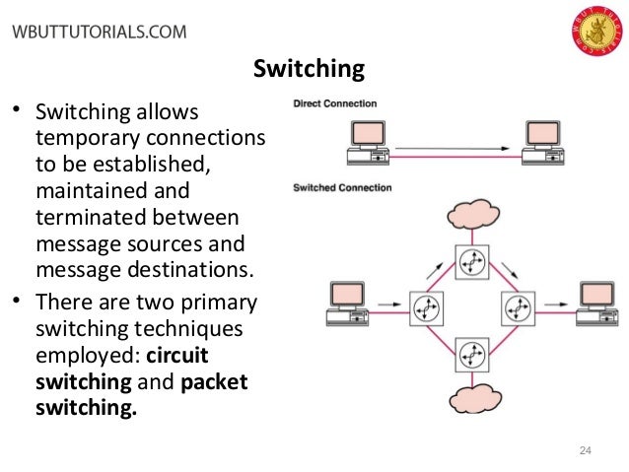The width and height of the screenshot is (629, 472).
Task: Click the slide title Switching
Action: tap(309, 69)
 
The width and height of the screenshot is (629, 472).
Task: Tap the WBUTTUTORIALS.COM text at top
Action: tap(98, 31)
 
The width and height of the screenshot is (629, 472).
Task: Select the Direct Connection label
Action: tap(334, 103)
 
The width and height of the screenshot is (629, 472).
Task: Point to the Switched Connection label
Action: tap(341, 188)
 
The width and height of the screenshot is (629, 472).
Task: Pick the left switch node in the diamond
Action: tap(425, 306)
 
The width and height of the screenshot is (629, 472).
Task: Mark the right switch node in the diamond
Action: tap(517, 306)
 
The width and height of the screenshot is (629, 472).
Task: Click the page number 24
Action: tap(584, 450)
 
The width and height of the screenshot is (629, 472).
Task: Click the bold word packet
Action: tap(215, 380)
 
